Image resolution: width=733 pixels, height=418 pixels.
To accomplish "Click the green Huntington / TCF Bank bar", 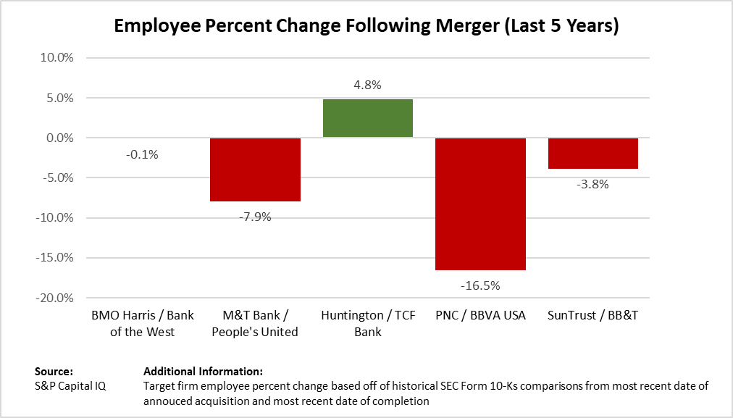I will click(x=368, y=118).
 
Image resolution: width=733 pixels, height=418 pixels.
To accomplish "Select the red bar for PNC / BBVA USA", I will click(x=480, y=204).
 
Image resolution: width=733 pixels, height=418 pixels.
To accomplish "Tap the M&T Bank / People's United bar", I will click(x=255, y=170).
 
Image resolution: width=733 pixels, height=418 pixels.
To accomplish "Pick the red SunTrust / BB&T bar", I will click(x=592, y=153).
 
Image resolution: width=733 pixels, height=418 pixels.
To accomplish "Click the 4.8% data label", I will click(x=368, y=85).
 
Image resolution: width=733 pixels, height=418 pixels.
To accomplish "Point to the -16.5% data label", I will click(x=480, y=285).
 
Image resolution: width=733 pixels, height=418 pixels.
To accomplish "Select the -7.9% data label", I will click(x=255, y=216).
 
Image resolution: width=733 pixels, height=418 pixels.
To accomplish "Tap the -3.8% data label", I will click(x=592, y=184).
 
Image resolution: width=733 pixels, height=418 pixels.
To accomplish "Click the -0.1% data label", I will click(x=142, y=154).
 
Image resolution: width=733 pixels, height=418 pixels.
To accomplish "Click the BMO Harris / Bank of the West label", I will click(x=143, y=324).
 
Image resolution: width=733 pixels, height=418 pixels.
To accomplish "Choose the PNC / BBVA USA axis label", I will click(x=480, y=317).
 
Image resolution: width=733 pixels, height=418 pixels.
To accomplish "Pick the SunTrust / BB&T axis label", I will click(x=592, y=317).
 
